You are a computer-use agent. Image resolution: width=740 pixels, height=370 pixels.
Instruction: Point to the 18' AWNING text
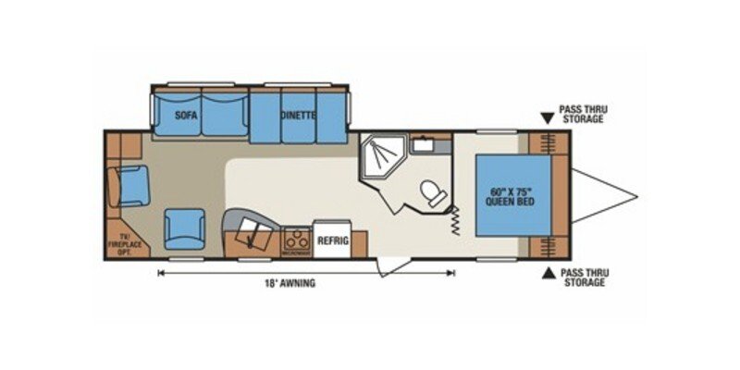tap(290, 283)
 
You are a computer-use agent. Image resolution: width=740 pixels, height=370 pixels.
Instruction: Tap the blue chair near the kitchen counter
tap(183, 228)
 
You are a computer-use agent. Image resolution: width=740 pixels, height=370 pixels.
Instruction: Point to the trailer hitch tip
tap(636, 195)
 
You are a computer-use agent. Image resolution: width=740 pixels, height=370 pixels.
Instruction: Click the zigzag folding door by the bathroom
tap(456, 219)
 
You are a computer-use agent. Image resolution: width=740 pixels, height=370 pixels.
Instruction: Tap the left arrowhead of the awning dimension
tap(161, 272)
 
